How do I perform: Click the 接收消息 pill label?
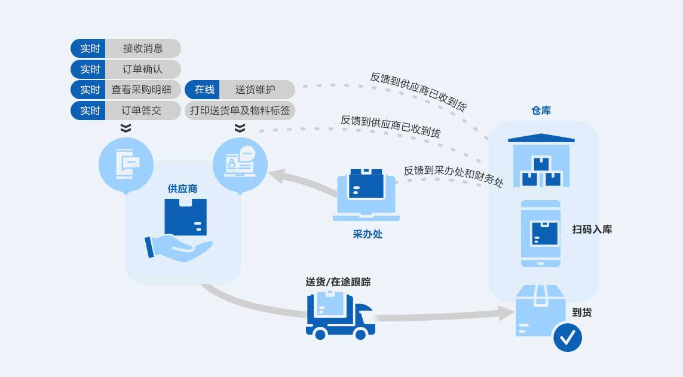143,48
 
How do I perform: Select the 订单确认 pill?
143,69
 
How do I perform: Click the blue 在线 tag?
204,90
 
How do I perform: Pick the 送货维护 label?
255,90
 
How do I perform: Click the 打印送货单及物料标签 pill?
240,111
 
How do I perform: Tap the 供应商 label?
182,189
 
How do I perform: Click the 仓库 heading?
541,111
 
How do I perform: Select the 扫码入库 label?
592,229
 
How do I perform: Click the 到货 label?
581,312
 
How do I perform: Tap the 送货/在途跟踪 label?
338,281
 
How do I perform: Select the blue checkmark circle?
567,338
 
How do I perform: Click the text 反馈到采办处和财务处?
454,175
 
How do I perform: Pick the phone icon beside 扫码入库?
541,233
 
